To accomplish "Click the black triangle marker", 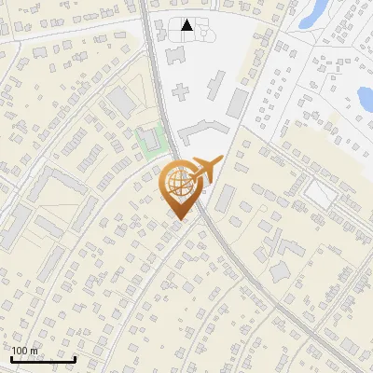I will click(x=187, y=25).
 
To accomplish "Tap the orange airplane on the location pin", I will click(x=207, y=171).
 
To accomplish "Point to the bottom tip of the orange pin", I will click(x=177, y=219).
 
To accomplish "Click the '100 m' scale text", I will click(x=24, y=351).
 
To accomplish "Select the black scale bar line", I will click(x=43, y=359).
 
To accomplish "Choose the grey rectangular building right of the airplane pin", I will click(x=226, y=197).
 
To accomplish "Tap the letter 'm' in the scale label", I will click(x=34, y=351).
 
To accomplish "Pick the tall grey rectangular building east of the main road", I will click(x=238, y=103).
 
